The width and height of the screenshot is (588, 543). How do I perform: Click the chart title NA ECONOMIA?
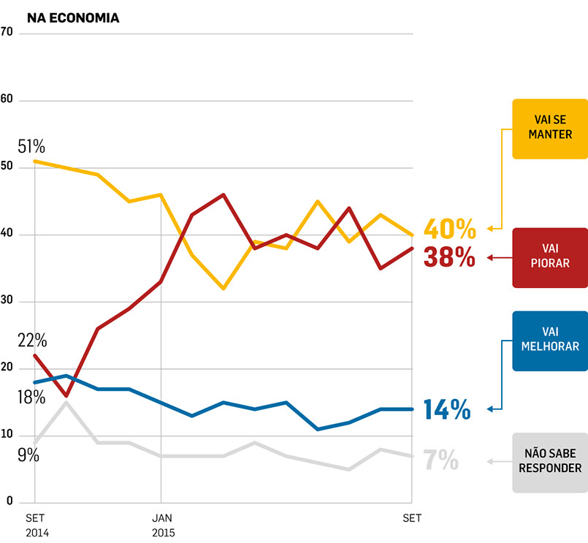(73, 18)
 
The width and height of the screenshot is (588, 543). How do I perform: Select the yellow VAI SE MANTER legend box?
(549, 129)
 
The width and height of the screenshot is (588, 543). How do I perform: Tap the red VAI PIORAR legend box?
(549, 257)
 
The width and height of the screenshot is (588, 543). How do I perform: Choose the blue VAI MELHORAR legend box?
(549, 341)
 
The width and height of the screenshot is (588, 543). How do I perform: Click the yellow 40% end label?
(449, 229)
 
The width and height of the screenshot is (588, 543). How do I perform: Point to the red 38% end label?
(449, 257)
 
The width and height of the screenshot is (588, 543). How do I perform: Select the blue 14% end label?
(446, 410)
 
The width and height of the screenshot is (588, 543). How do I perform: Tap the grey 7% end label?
(440, 460)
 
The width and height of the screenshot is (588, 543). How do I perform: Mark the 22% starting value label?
(32, 340)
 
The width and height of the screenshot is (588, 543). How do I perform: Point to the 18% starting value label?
(31, 398)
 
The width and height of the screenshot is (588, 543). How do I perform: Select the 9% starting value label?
(28, 455)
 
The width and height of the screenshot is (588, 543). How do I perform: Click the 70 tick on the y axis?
(8, 33)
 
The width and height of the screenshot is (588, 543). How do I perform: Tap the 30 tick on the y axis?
(8, 301)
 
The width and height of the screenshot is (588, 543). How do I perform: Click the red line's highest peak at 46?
(223, 194)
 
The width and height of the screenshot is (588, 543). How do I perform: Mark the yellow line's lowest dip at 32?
(223, 289)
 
